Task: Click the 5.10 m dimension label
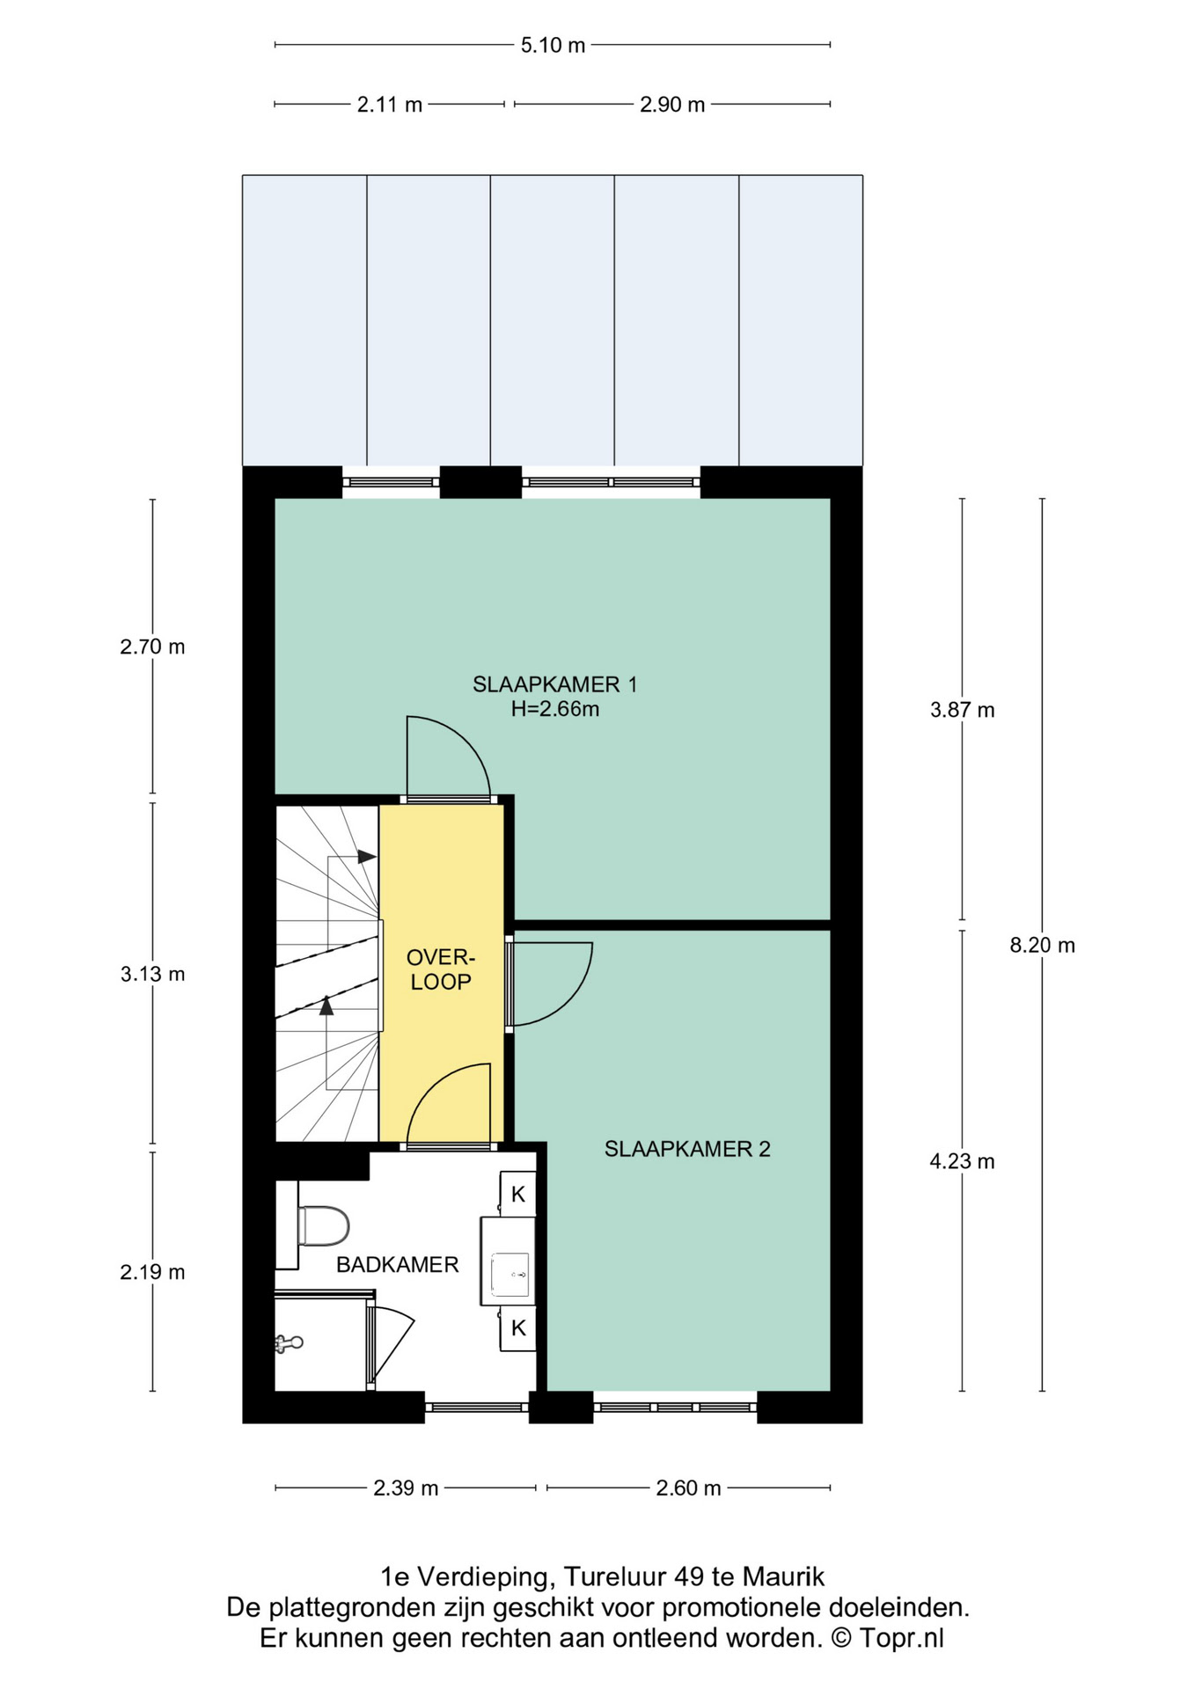pos(553,45)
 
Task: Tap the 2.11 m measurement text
pos(390,105)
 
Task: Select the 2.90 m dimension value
pos(672,105)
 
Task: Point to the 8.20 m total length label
pos(1042,946)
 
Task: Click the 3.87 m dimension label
pos(962,710)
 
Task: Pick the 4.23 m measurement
pos(962,1161)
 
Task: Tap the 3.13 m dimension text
pos(153,974)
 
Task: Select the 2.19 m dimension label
pos(153,1272)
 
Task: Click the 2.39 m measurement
pos(406,1488)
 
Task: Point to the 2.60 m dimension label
pos(688,1488)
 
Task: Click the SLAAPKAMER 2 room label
pos(687,1149)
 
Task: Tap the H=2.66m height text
pos(555,709)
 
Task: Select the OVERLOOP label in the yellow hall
pos(441,969)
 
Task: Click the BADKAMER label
pos(398,1265)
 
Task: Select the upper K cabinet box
pos(518,1194)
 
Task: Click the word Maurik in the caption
pos(784,1576)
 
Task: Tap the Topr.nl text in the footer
pos(901,1638)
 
